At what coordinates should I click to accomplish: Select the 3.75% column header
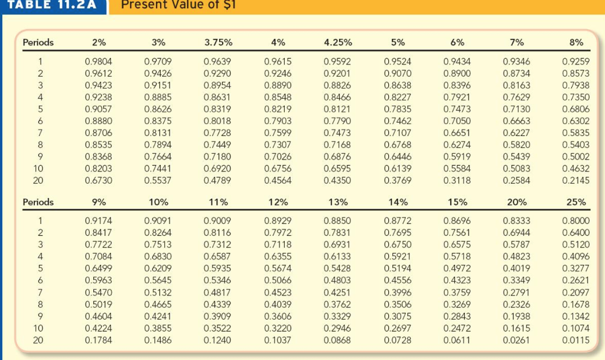tap(218, 42)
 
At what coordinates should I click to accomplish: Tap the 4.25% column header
tap(338, 42)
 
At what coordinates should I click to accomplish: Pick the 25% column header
tap(576, 202)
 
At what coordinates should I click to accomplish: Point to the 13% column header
tap(338, 202)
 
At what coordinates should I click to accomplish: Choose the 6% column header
tap(457, 42)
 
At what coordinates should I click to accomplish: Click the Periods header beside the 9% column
tap(38, 202)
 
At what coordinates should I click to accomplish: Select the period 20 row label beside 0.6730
tap(38, 180)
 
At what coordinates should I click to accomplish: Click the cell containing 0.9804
tap(99, 60)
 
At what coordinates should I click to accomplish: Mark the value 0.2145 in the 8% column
tap(576, 180)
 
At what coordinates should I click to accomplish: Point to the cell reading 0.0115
tap(576, 340)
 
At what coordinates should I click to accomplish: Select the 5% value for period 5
tap(398, 109)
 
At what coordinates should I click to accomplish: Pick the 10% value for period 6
tap(158, 280)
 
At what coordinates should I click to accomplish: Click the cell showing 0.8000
tap(576, 220)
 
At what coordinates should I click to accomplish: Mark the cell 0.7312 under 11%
tap(218, 244)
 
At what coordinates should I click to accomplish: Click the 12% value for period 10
tap(278, 328)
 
